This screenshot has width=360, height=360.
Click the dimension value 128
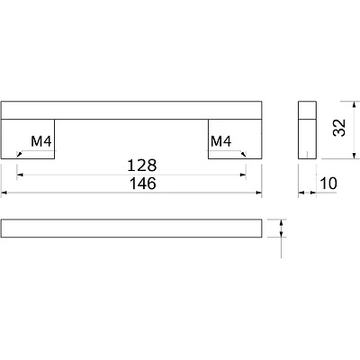(142, 166)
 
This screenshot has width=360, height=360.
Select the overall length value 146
(143, 184)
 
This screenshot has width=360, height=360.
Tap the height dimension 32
(339, 128)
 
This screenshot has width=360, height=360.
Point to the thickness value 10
(328, 184)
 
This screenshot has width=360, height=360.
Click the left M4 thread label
(41, 141)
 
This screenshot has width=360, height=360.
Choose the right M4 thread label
(221, 141)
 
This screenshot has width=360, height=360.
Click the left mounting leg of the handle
(28, 139)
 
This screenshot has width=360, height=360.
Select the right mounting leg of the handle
(235, 139)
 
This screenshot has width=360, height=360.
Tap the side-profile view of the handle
(307, 130)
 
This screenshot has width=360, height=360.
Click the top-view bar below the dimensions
(131, 229)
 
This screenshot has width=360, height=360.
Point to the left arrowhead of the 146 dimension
(4, 193)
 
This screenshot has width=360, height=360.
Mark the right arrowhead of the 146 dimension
(259, 193)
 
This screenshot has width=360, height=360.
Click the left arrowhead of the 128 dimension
(20, 175)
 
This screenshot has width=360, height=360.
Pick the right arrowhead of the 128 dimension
(243, 175)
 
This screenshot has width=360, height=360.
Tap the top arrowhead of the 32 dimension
(355, 104)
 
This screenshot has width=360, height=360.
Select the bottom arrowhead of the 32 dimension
(355, 156)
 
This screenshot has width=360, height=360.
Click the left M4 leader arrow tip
(18, 157)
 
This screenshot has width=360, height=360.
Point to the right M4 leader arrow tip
(246, 157)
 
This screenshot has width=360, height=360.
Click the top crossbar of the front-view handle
(131, 110)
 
